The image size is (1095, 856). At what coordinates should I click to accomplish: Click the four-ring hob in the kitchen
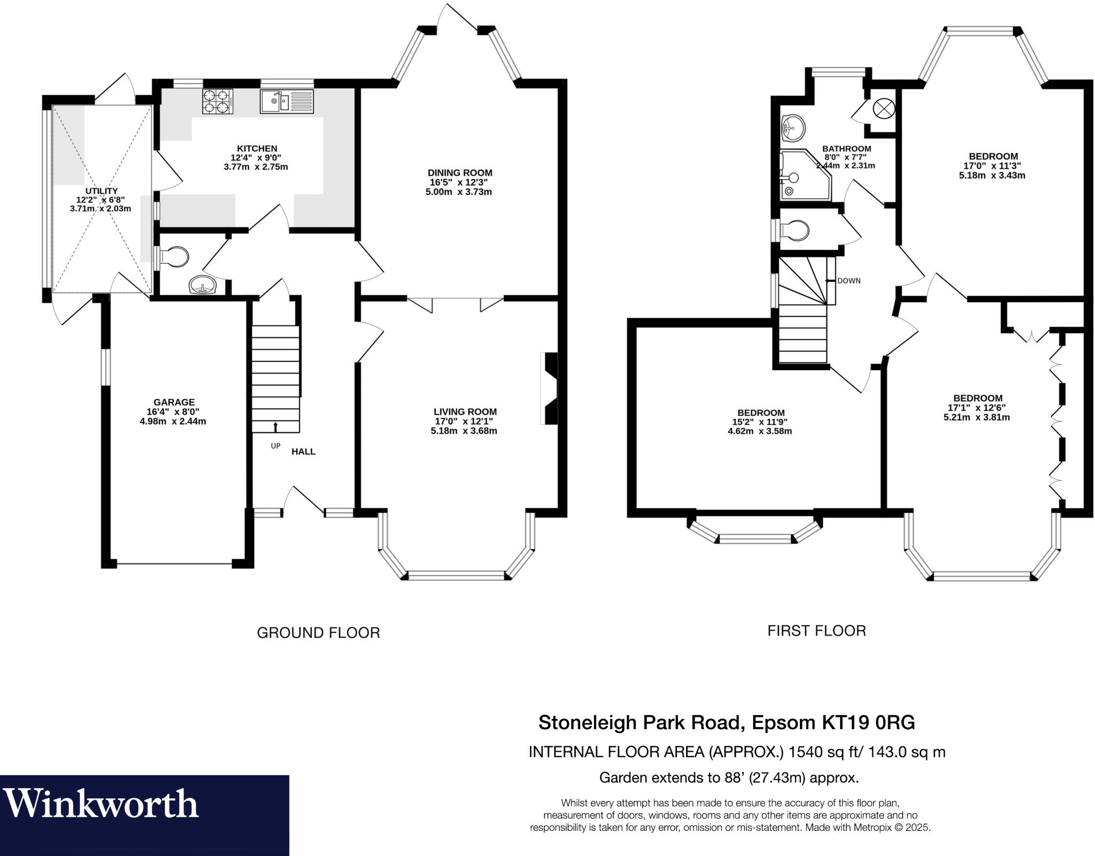(218, 102)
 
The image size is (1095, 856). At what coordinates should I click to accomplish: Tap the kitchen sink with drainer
(287, 102)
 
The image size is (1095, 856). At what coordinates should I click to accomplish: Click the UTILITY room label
(102, 191)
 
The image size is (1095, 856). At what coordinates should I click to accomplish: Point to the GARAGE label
(174, 402)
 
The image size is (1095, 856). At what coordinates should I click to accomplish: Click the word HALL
(303, 452)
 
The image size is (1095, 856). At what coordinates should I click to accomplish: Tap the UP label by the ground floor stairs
(275, 446)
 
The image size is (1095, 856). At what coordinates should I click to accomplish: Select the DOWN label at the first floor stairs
(849, 281)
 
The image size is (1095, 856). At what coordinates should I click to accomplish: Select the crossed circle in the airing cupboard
(883, 109)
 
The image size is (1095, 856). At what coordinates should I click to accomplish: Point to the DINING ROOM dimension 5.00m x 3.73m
(459, 192)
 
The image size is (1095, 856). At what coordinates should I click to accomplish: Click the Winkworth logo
(102, 804)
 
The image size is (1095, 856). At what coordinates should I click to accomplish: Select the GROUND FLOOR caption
(318, 633)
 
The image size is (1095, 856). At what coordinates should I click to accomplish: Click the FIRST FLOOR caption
(816, 631)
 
